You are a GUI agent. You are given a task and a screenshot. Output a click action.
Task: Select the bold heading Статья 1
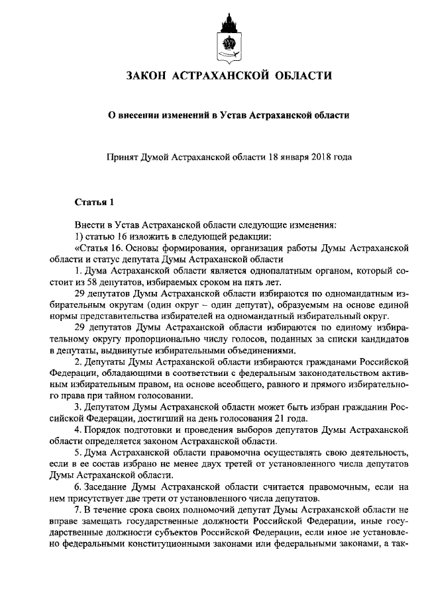pyautogui.click(x=95, y=202)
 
